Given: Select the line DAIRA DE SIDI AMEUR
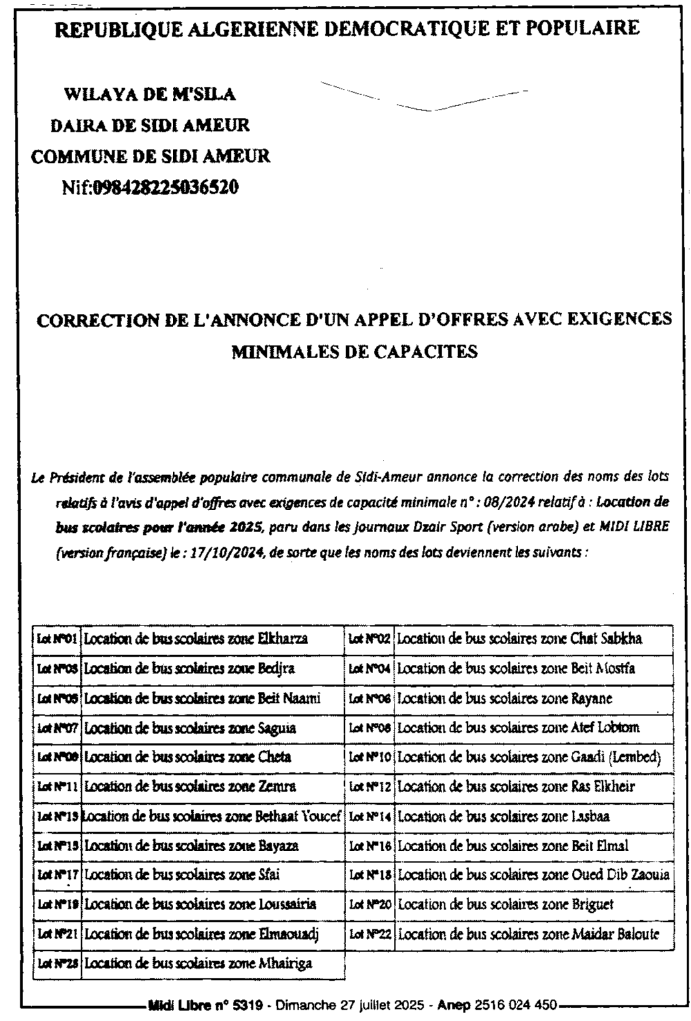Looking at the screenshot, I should point(150,126).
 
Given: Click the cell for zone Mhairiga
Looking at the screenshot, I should point(212,964).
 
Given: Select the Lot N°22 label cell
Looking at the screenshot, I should point(370,934).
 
